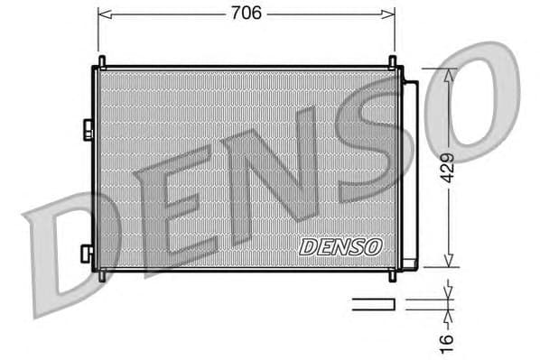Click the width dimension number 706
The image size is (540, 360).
pyautogui.click(x=246, y=13)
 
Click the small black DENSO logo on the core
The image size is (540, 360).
pyautogui.click(x=340, y=245)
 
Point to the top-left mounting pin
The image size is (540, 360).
pyautogui.click(x=101, y=61)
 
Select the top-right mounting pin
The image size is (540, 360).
pyautogui.click(x=392, y=61)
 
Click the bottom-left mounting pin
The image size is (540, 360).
pyautogui.click(x=101, y=274)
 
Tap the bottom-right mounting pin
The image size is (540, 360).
pyautogui.click(x=392, y=274)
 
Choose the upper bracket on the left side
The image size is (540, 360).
pyautogui.click(x=88, y=130)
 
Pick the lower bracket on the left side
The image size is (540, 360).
pyautogui.click(x=86, y=254)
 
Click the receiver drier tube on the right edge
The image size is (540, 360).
pyautogui.click(x=410, y=173)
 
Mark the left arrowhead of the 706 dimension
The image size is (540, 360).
pyautogui.click(x=102, y=14)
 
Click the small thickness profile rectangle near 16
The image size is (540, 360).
pyautogui.click(x=374, y=305)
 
